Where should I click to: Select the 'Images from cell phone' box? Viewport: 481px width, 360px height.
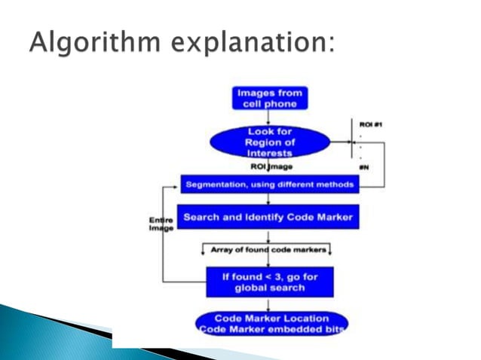[x=270, y=98]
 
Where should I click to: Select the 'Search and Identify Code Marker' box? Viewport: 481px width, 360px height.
[x=268, y=218]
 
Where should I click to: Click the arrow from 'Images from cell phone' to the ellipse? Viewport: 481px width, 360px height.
[x=270, y=117]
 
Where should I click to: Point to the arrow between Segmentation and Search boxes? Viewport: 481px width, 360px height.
[x=269, y=199]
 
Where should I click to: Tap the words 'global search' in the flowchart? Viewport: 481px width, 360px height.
[x=269, y=287]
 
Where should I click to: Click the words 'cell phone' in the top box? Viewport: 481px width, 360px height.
[x=270, y=103]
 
